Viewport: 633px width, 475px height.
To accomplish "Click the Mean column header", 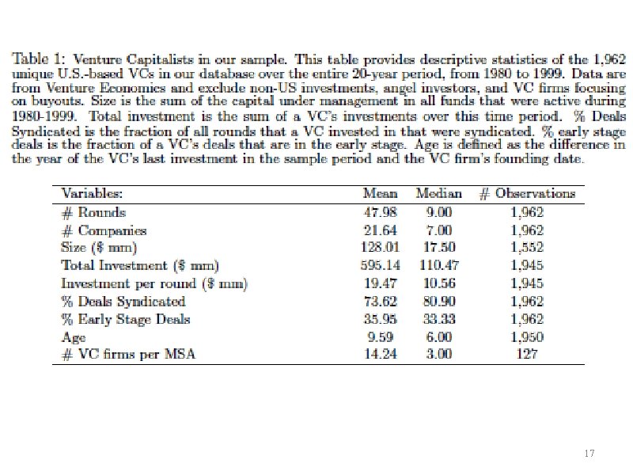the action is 380,193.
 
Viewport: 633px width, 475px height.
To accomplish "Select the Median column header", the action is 439,193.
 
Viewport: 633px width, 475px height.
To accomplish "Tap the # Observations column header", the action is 527,193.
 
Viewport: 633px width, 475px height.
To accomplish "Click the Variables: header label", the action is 92,193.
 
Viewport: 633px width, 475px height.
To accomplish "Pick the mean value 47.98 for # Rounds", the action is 381,212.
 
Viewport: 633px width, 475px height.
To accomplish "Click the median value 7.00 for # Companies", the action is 439,230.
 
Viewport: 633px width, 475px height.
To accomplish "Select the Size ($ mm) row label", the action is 99,247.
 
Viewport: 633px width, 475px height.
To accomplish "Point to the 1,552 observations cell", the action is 527,247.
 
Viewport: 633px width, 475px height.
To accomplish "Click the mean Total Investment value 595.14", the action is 381,265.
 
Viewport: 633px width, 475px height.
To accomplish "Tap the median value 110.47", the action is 439,265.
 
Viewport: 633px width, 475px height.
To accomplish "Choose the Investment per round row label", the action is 154,283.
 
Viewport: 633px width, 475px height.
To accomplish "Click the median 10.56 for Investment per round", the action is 439,283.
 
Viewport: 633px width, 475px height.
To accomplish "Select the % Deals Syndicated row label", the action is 123,302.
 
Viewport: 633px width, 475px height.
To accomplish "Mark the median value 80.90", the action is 439,302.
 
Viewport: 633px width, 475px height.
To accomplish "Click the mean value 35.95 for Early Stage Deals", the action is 381,319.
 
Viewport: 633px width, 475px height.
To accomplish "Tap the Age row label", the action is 74,337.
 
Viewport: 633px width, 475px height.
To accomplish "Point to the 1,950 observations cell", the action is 527,337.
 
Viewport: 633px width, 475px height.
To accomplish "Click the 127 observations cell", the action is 527,354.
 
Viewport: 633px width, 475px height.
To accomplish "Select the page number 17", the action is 589,453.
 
